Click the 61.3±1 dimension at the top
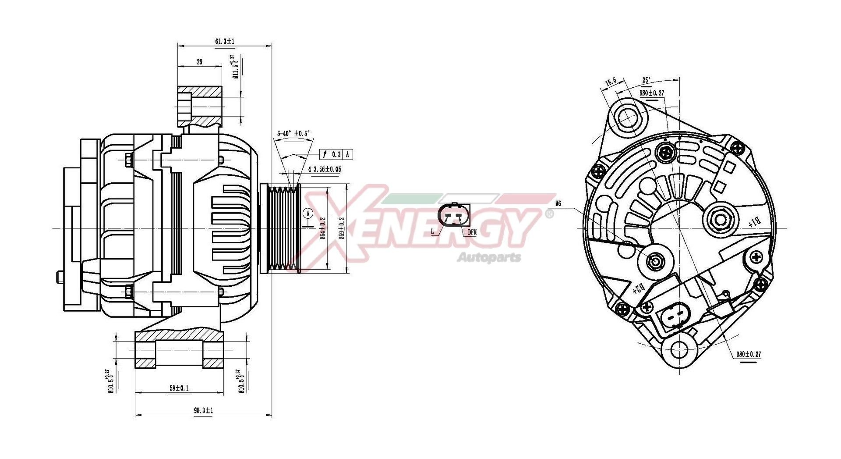225,41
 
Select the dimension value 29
199,62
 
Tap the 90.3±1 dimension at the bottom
203,410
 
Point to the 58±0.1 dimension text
179,388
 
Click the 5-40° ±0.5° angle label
293,133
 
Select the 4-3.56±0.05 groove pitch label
325,169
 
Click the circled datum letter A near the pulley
308,213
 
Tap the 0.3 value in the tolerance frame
336,154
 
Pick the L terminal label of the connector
433,231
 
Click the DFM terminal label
472,232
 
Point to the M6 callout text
558,203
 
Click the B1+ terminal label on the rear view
754,222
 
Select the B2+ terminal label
639,288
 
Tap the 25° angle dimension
646,80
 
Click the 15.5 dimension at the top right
611,82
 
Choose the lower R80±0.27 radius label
748,354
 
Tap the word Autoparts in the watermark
489,257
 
